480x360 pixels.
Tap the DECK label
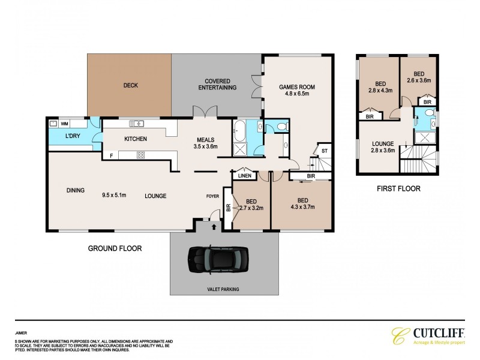click(130, 85)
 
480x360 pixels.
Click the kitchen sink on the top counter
click(137, 124)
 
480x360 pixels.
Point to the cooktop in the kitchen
click(140, 155)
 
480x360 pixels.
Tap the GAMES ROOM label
click(296, 87)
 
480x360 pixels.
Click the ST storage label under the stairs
click(324, 151)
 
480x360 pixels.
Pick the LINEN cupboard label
click(244, 175)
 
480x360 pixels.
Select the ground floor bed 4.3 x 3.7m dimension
click(302, 208)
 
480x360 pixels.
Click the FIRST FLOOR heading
click(398, 188)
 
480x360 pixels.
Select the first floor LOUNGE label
click(382, 144)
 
